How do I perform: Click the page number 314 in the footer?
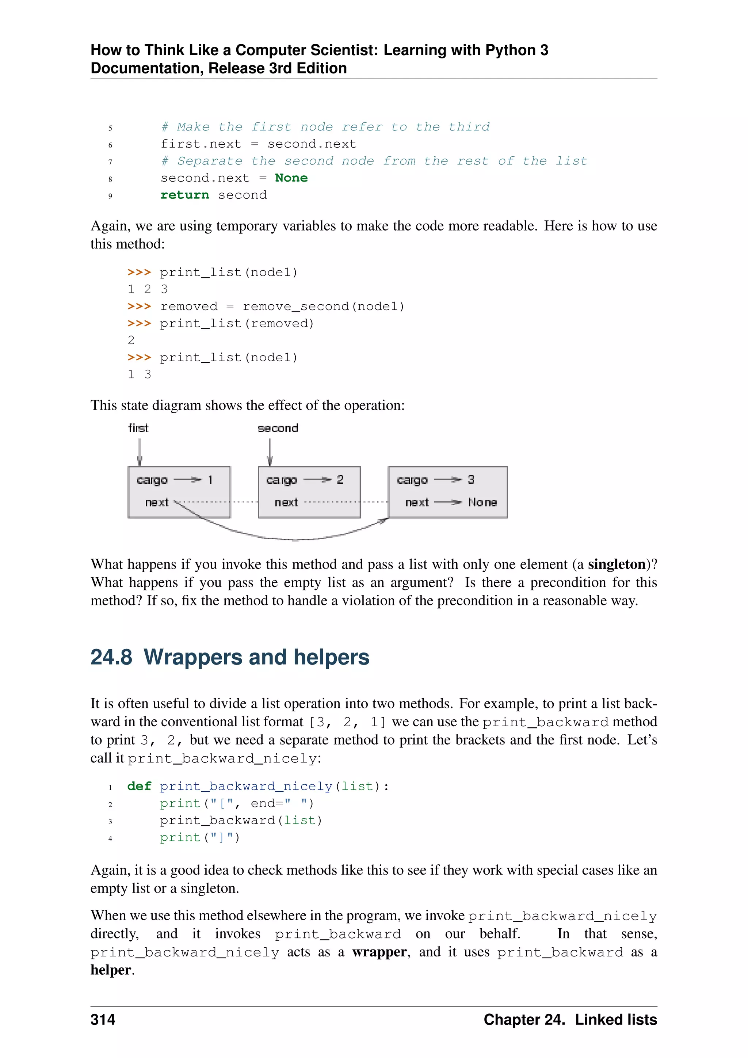click(103, 1019)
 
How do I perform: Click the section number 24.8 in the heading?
click(111, 657)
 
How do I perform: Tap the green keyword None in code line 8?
click(291, 178)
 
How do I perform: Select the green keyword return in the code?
click(184, 195)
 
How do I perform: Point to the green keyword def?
click(139, 786)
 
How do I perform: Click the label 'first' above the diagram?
click(138, 428)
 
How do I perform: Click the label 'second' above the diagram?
click(278, 428)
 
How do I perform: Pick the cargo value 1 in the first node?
click(210, 480)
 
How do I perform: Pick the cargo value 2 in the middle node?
click(340, 480)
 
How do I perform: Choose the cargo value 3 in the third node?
click(471, 480)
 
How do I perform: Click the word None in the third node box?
click(482, 502)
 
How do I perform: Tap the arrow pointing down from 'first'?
click(140, 452)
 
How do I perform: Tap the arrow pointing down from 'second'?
click(270, 452)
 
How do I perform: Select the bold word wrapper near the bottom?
click(379, 952)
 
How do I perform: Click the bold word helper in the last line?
click(111, 970)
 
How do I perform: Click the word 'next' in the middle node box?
click(286, 502)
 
